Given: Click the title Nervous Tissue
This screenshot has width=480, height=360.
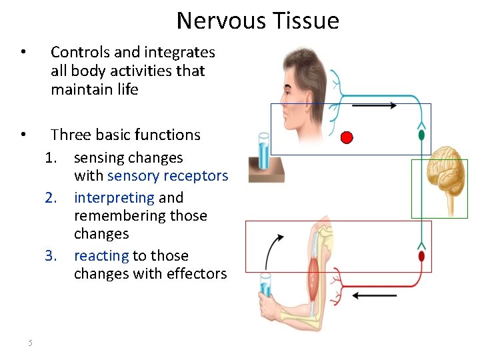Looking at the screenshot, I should [257, 21].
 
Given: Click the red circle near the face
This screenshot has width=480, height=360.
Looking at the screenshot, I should [346, 138].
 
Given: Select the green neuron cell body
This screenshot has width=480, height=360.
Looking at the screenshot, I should [421, 135].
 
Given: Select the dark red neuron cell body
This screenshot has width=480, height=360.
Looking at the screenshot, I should [421, 256].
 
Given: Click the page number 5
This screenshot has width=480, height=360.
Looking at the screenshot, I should [30, 343].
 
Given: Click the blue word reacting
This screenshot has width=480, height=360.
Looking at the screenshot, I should [101, 255].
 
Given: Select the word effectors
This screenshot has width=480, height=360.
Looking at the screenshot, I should [198, 274].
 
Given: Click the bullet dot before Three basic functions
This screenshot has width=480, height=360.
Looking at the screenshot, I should [23, 135].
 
